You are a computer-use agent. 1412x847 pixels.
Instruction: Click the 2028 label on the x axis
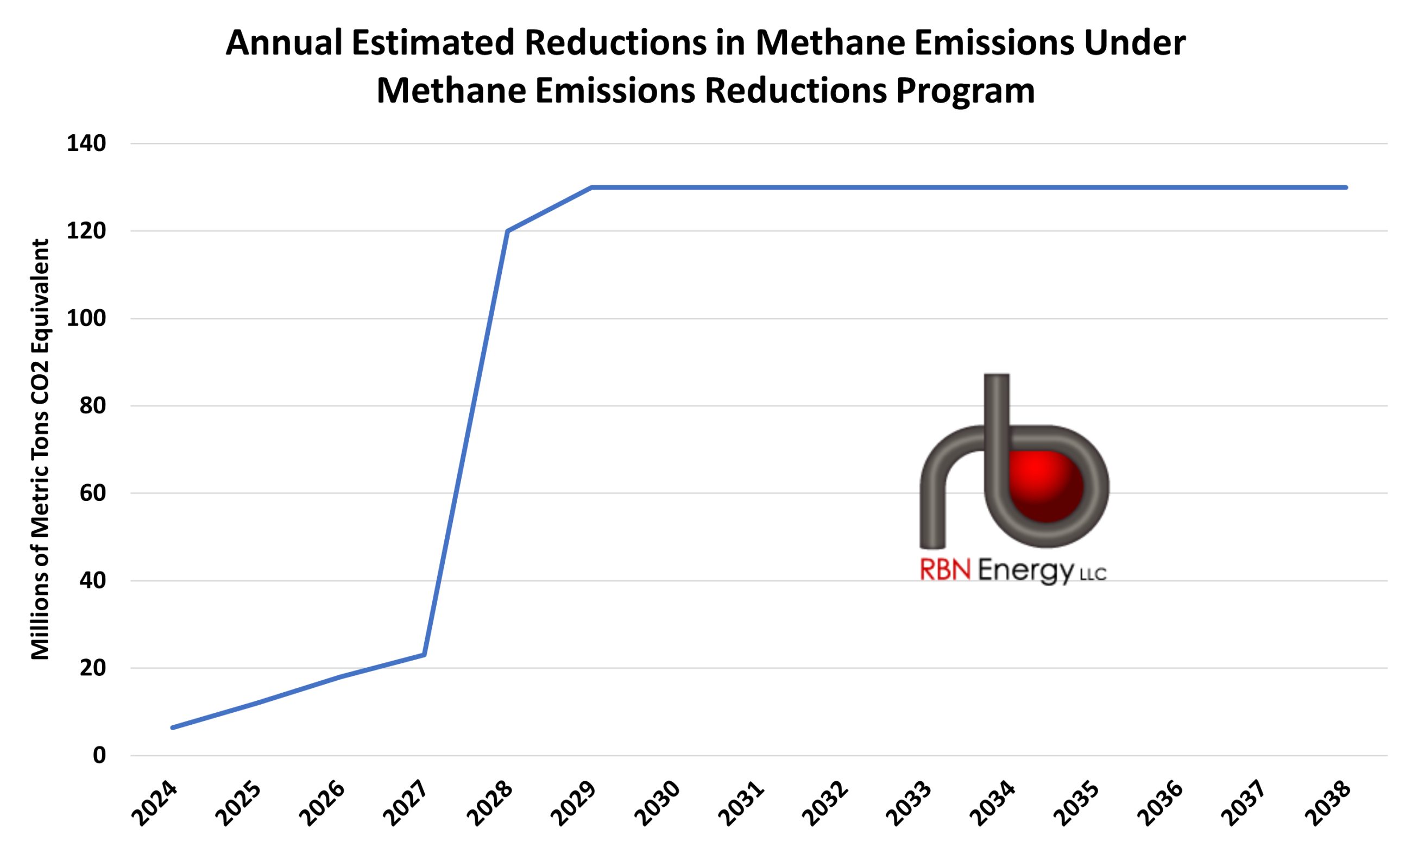(x=489, y=804)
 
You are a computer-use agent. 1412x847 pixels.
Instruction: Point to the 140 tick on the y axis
(x=87, y=143)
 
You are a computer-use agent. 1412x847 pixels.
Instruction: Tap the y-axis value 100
(x=87, y=318)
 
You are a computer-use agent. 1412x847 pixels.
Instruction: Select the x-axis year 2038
(x=1328, y=804)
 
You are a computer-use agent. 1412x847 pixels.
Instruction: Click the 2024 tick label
(x=154, y=804)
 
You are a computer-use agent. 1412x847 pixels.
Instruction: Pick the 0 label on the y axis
(x=99, y=756)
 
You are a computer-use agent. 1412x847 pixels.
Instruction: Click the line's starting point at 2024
(x=172, y=727)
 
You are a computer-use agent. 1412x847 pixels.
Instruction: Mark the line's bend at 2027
(x=425, y=655)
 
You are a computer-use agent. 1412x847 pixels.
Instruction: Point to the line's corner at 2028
(x=508, y=231)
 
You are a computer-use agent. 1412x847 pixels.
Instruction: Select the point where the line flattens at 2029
(x=591, y=187)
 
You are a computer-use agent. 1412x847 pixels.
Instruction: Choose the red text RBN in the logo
(x=945, y=569)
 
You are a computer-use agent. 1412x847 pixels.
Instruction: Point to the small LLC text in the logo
(x=1093, y=574)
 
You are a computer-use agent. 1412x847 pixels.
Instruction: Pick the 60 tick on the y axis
(x=93, y=493)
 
